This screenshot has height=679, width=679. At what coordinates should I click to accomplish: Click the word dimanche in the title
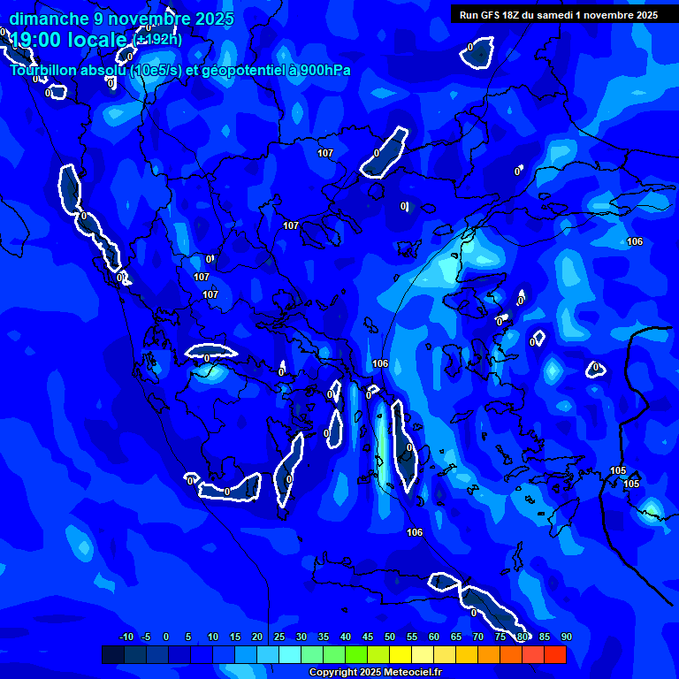(49, 19)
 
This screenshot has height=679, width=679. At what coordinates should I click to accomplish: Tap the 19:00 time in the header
(34, 40)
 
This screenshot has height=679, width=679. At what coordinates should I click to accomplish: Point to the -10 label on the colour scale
(126, 637)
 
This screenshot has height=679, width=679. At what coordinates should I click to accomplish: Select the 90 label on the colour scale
(567, 637)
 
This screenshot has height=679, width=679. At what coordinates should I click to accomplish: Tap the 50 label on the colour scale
(390, 637)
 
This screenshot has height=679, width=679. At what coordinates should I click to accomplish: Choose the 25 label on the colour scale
(279, 637)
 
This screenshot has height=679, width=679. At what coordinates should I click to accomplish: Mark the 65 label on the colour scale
(456, 637)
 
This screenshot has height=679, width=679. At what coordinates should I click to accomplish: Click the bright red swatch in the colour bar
(554, 655)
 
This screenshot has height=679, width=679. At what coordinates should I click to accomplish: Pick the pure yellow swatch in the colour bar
(401, 655)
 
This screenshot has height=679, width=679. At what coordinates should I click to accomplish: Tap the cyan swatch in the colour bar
(290, 655)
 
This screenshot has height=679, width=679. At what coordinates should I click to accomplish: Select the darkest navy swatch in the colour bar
(113, 655)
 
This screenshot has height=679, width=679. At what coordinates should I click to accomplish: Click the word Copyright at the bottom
(333, 673)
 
